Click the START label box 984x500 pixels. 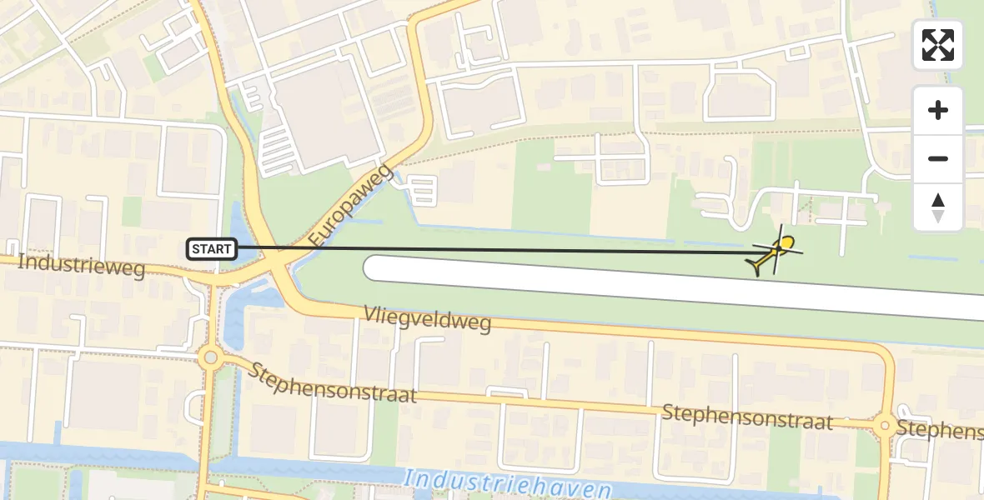click(x=213, y=248)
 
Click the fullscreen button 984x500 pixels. click(x=938, y=45)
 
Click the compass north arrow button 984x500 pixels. click(x=938, y=207)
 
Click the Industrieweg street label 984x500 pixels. click(x=81, y=266)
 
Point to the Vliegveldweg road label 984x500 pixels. click(x=427, y=319)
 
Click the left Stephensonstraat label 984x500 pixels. click(x=331, y=382)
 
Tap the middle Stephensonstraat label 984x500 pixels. click(x=747, y=417)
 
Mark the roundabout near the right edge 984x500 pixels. click(x=885, y=425)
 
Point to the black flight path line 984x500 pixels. click(x=500, y=250)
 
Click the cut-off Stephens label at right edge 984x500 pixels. click(x=940, y=429)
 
